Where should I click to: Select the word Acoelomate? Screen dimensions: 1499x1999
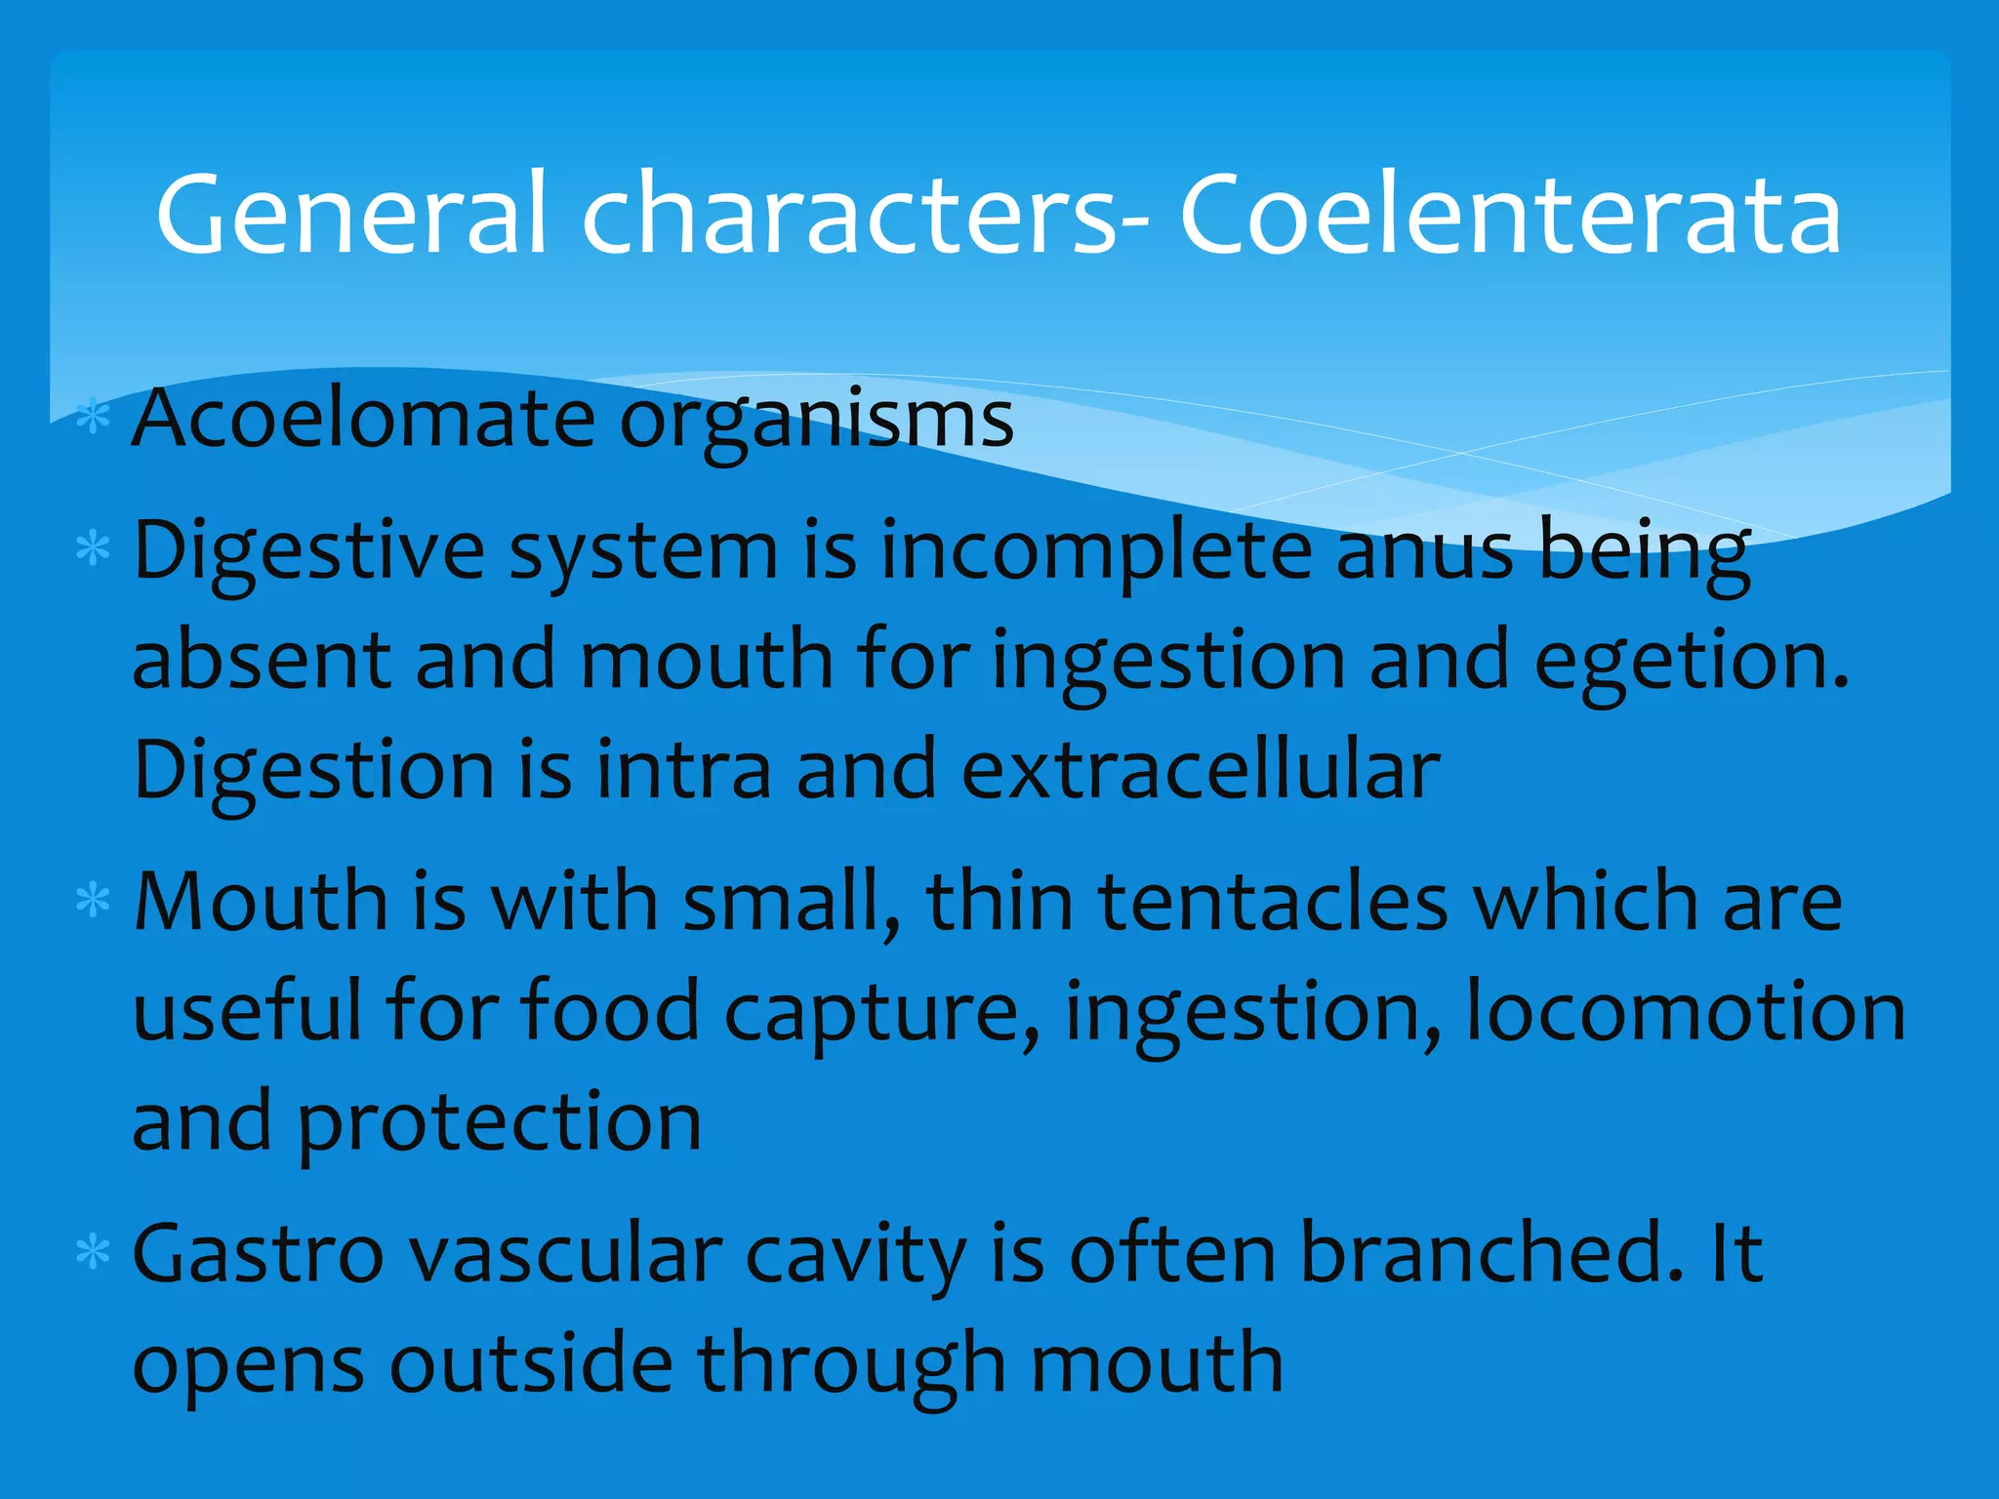(x=363, y=420)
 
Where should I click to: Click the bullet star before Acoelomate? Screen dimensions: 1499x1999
(x=93, y=417)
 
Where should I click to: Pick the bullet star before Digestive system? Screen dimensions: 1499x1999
(x=93, y=548)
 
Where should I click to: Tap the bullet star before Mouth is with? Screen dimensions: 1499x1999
(x=93, y=899)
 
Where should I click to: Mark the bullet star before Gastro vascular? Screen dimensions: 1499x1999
(x=93, y=1251)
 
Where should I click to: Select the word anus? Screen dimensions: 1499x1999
(x=1424, y=550)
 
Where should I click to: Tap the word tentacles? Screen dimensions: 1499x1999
(x=1273, y=901)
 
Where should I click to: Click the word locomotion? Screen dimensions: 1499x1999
(x=1686, y=1011)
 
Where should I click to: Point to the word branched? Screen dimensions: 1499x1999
(x=1492, y=1252)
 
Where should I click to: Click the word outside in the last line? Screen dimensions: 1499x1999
(x=531, y=1362)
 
